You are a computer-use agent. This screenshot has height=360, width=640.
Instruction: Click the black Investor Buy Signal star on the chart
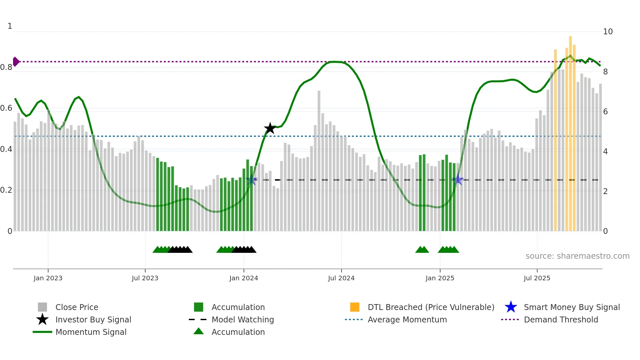(270, 128)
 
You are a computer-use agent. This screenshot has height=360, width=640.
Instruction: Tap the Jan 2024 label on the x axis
(244, 278)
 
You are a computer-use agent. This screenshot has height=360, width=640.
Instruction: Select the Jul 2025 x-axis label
(537, 278)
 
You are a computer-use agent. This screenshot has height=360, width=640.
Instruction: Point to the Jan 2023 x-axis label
(48, 278)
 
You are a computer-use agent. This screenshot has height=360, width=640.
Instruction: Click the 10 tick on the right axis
(608, 32)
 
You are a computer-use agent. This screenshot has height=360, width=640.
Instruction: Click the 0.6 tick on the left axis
(6, 108)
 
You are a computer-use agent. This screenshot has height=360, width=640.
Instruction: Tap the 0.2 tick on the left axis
(6, 190)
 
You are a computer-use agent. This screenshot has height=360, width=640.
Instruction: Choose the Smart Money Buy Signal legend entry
(571, 307)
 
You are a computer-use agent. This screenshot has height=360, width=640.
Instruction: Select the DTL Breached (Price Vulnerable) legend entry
(431, 307)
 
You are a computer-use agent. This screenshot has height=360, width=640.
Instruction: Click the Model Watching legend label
(243, 319)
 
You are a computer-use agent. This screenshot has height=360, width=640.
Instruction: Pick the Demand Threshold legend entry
(561, 319)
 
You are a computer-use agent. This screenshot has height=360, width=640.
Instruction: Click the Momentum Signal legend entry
(91, 332)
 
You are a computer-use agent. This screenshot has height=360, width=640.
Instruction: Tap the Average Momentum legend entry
(407, 319)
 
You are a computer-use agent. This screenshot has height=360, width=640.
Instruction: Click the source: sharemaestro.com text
(577, 256)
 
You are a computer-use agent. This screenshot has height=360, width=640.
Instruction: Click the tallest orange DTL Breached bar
(570, 131)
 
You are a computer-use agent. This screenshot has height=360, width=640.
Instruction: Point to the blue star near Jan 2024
(251, 180)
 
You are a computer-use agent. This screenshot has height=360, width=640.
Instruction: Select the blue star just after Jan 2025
(458, 180)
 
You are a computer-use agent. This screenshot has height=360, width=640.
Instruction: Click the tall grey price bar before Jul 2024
(319, 160)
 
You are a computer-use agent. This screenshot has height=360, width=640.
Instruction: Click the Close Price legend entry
(77, 307)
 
